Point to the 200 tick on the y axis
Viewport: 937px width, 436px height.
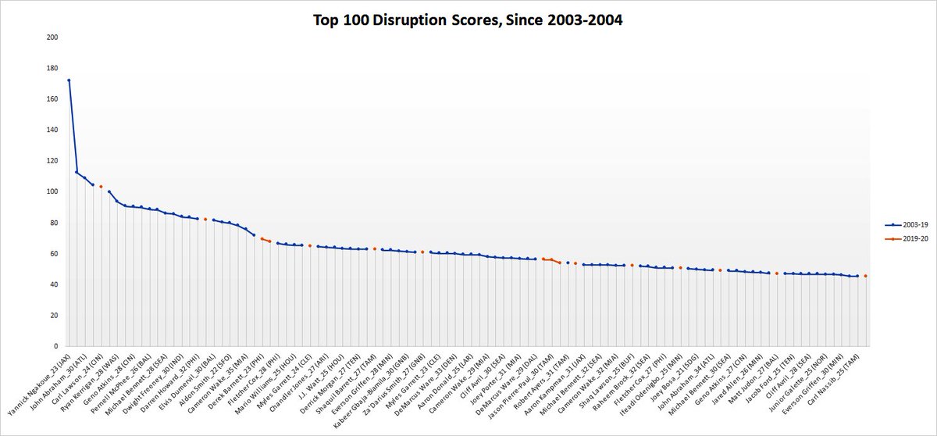(52, 38)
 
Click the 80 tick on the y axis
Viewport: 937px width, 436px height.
(52, 223)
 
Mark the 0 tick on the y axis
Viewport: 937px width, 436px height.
(55, 346)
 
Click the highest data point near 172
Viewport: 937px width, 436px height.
(69, 80)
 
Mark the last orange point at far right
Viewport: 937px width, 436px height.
(865, 276)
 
